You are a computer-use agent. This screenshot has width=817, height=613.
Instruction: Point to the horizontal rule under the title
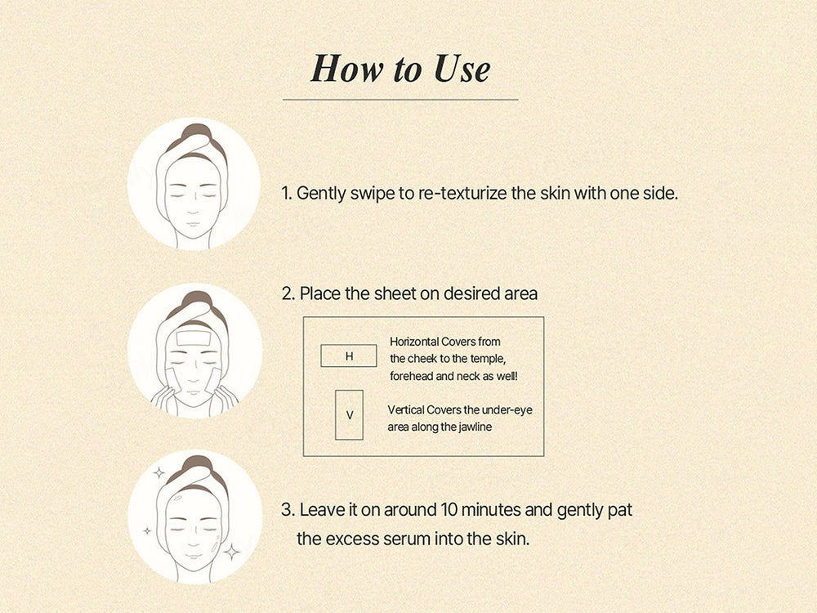(x=400, y=100)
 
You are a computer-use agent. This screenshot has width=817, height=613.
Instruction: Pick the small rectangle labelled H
(x=349, y=356)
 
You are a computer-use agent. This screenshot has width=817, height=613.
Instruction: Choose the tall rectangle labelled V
(x=349, y=415)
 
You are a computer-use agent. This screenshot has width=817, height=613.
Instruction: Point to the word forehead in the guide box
(x=413, y=375)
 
